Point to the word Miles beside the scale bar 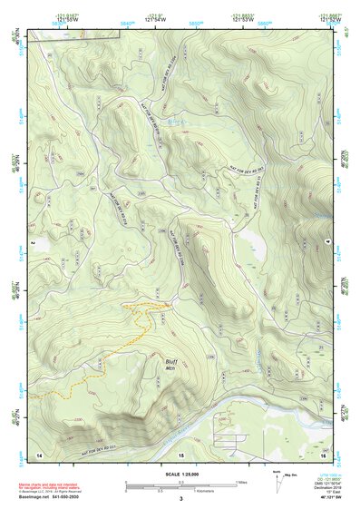(242, 483)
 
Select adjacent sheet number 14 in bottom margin (39, 453)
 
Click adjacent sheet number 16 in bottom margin (323, 453)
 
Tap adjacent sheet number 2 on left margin (32, 244)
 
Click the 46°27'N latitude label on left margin (13, 420)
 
